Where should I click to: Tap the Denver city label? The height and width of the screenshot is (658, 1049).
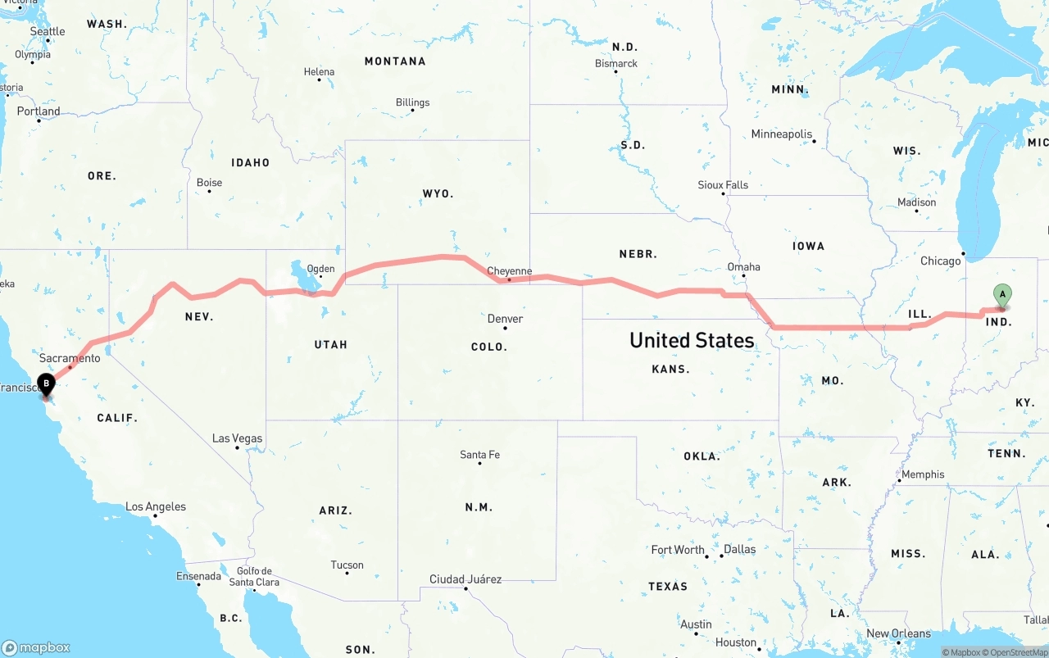(505, 319)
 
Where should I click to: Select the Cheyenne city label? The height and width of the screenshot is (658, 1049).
(509, 271)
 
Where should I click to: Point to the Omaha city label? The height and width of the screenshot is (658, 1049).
(743, 267)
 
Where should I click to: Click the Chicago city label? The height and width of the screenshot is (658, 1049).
(940, 261)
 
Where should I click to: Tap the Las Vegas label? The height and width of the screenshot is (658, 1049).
(237, 438)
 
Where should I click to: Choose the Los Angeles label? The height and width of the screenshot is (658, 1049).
(156, 507)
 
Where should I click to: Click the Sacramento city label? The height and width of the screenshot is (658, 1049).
(70, 359)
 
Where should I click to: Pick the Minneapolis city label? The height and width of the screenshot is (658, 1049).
(782, 134)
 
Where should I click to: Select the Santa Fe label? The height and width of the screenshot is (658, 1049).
(479, 455)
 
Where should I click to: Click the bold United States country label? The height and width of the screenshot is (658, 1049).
(692, 341)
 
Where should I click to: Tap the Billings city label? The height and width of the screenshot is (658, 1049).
(412, 102)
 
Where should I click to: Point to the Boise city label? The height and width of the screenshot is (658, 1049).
(209, 183)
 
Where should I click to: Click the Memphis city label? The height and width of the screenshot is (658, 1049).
(923, 474)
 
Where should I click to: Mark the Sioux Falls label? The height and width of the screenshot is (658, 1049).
(723, 185)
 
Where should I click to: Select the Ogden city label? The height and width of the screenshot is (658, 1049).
(320, 269)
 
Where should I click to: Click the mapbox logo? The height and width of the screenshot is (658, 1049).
(36, 647)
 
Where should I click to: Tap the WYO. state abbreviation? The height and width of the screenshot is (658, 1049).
(438, 194)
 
